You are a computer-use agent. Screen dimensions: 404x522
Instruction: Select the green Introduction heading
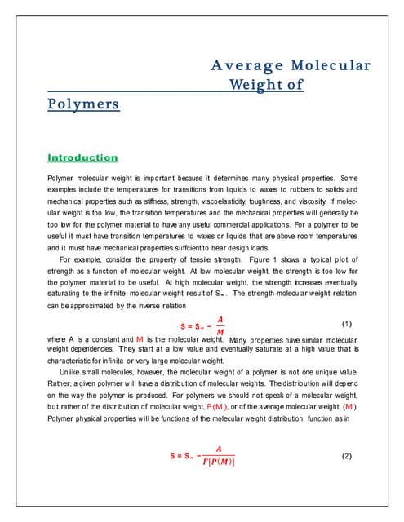82,157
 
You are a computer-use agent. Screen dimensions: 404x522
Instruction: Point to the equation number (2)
345,455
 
